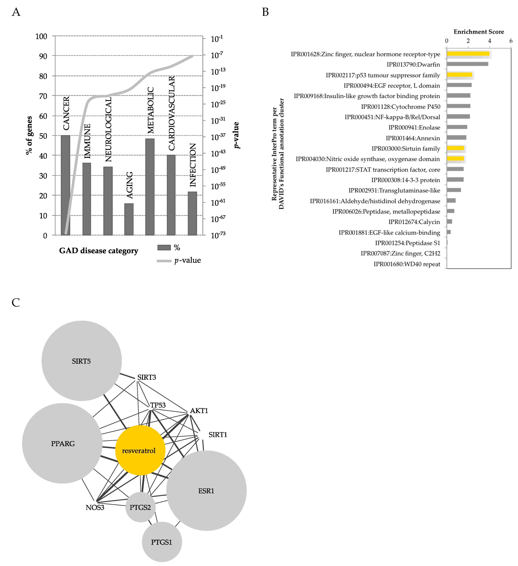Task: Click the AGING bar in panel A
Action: pos(129,219)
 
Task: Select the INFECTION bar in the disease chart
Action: pos(192,213)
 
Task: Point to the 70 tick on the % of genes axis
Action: pos(43,96)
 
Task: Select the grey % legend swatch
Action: pos(164,247)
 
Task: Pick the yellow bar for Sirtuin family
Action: pos(455,148)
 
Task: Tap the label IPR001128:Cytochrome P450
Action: pos(401,107)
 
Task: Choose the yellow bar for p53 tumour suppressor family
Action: pos(459,75)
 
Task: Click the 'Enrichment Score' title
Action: pos(479,32)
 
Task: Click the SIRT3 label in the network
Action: pos(147,377)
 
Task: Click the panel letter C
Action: pos(16,303)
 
